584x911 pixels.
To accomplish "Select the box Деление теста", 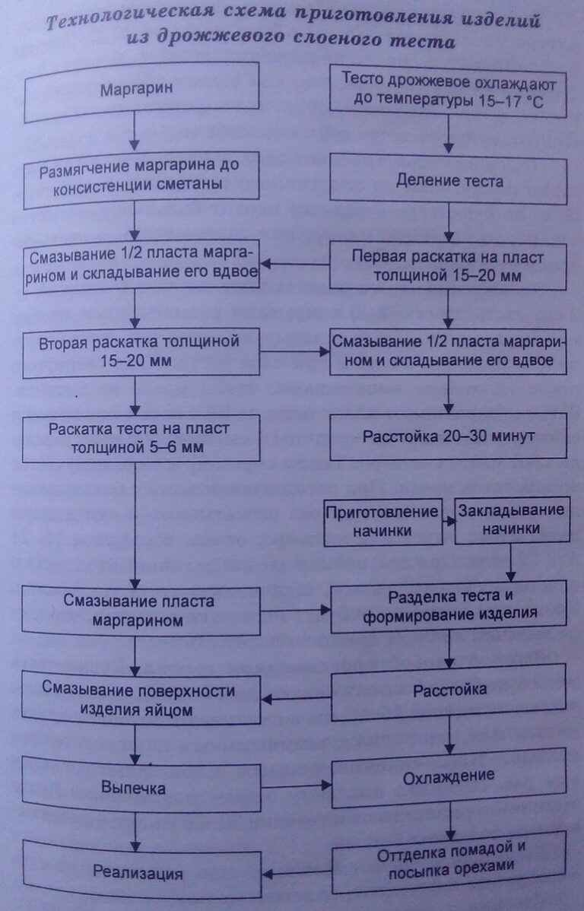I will (449, 180).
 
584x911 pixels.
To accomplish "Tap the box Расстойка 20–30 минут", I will (449, 436).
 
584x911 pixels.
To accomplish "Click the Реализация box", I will (137, 872).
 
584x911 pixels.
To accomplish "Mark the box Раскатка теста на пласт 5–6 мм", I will (137, 437).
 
